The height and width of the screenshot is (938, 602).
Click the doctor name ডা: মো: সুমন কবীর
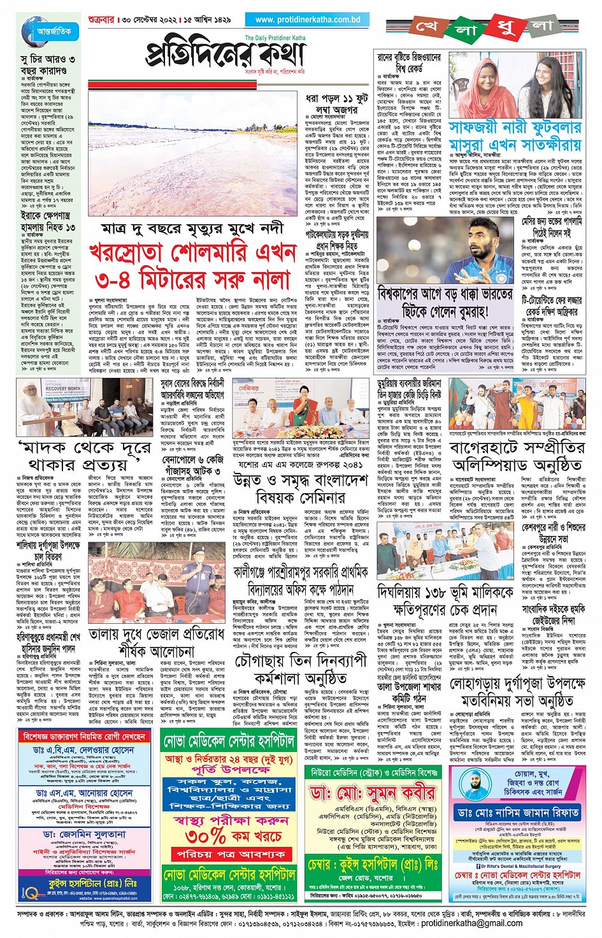point(373,793)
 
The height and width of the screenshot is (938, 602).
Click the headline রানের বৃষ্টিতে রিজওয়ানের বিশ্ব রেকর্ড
point(408,62)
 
